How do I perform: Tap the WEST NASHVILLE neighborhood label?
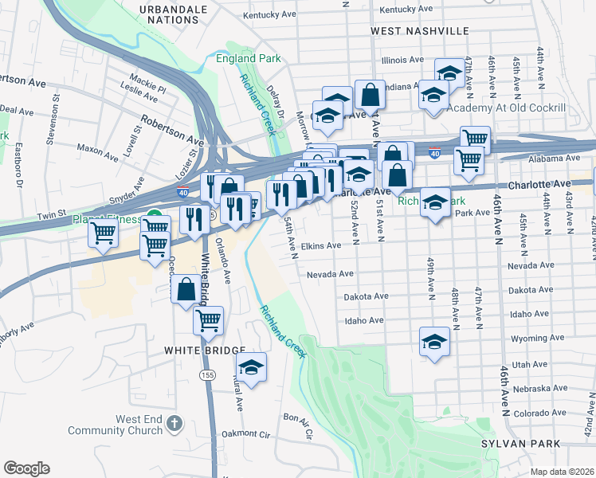pyautogui.click(x=420, y=30)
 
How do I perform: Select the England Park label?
pyautogui.click(x=248, y=59)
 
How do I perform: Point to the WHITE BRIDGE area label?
pyautogui.click(x=204, y=350)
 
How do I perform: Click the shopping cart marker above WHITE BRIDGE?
pyautogui.click(x=208, y=320)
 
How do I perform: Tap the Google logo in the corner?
pyautogui.click(x=26, y=468)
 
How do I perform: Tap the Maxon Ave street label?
pyautogui.click(x=98, y=148)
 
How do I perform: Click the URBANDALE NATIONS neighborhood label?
pyautogui.click(x=174, y=14)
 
